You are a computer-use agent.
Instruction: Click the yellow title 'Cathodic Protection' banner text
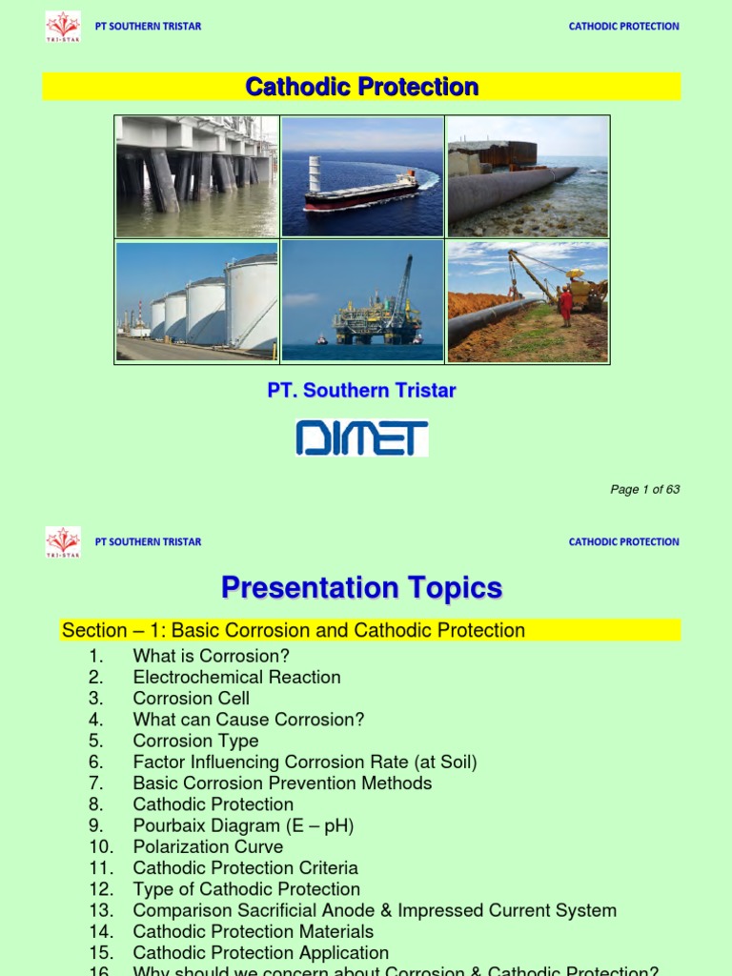(x=362, y=88)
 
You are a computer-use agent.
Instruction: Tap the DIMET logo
(x=362, y=438)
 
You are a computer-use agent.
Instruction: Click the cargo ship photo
(x=362, y=177)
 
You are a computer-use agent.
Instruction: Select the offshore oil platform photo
(x=363, y=301)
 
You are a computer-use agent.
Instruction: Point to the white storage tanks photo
(x=197, y=301)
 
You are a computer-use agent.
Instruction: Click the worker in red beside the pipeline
(x=565, y=305)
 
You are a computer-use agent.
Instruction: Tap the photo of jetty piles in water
(x=197, y=177)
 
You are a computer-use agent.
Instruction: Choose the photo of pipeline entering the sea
(x=527, y=177)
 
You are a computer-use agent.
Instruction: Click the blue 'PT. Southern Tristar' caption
(x=362, y=391)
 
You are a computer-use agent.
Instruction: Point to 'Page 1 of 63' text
(x=645, y=490)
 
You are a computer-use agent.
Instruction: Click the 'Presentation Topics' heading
(x=362, y=588)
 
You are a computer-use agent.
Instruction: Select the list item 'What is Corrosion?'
(x=211, y=656)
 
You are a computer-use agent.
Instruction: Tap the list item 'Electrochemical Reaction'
(x=236, y=677)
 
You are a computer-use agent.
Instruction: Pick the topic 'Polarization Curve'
(x=208, y=846)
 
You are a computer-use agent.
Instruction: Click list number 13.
(x=99, y=910)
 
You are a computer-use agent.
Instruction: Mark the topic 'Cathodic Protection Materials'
(x=253, y=931)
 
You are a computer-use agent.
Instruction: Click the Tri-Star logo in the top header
(x=63, y=26)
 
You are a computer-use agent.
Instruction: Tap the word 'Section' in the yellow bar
(x=94, y=630)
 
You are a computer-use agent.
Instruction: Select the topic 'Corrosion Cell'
(x=191, y=698)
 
